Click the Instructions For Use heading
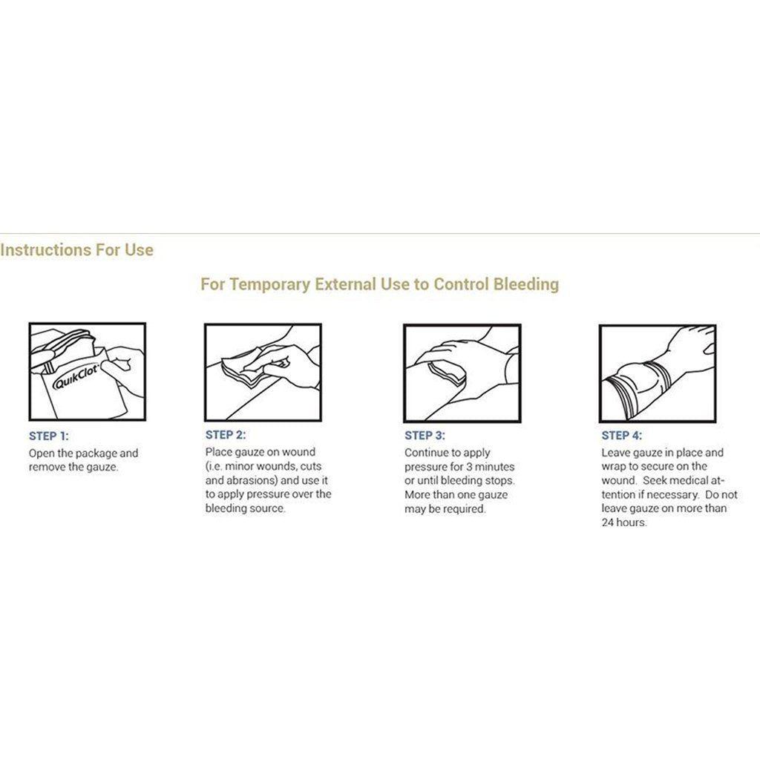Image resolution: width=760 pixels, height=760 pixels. (x=76, y=249)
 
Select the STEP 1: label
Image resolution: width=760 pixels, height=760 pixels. (x=48, y=436)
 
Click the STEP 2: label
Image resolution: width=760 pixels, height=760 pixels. (x=226, y=435)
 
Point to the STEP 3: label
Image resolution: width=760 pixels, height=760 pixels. (x=425, y=435)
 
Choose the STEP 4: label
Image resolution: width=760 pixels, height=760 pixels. (x=621, y=435)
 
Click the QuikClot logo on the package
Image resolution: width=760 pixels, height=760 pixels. (x=76, y=376)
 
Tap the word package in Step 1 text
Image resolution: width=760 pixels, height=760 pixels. (x=96, y=453)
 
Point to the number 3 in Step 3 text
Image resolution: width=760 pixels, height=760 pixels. (x=469, y=467)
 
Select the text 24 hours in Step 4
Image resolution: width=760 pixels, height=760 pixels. (x=623, y=522)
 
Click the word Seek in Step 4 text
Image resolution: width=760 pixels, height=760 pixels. (x=655, y=481)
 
